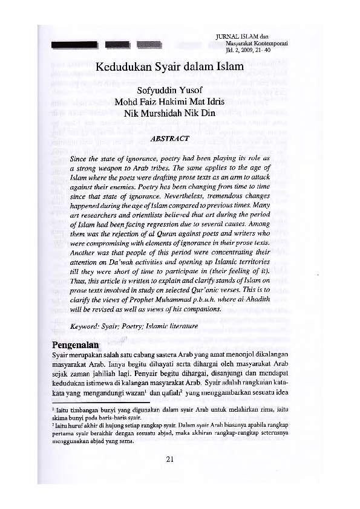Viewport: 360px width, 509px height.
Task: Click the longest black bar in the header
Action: [74, 44]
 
